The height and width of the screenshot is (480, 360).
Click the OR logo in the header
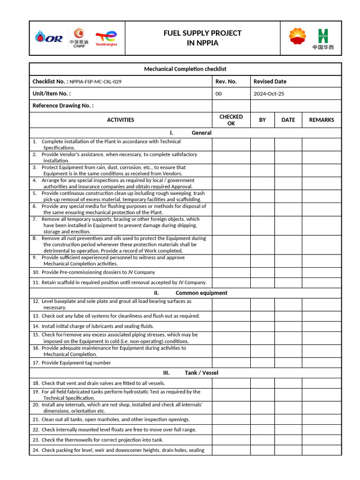point(49,38)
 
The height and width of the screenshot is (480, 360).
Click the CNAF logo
point(79,37)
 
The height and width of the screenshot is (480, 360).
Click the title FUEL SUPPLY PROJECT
point(202,33)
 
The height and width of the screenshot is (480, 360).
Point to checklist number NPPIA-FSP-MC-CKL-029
point(96,82)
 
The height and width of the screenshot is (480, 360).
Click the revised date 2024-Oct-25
point(269,94)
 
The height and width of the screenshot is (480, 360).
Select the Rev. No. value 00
point(218,94)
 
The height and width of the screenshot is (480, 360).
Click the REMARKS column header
point(322,120)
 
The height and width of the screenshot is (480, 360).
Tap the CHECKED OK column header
point(231,120)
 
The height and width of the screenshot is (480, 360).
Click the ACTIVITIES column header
point(120,120)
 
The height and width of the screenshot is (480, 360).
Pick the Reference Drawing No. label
point(63,106)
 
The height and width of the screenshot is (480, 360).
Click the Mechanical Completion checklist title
point(185,69)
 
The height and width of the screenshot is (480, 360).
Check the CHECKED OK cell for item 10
point(231,272)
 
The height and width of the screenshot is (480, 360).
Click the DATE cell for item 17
point(288,363)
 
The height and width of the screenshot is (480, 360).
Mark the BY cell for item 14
point(262,326)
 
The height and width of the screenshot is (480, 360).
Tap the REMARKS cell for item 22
point(322,430)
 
